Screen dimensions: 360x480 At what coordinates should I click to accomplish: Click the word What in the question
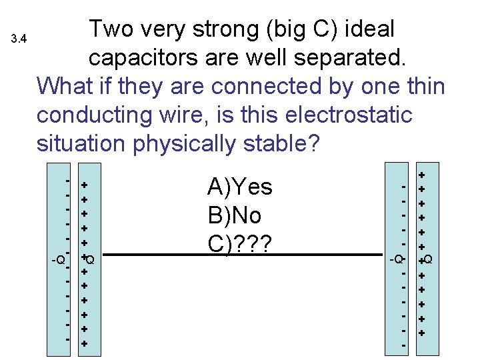coord(64,87)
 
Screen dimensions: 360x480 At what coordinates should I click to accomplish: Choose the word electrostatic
coord(346,115)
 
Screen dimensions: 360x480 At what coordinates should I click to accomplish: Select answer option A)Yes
coord(240,187)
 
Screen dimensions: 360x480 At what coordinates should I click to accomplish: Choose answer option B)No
coord(235,215)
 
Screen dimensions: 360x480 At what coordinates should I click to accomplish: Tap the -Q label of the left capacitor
coord(58,259)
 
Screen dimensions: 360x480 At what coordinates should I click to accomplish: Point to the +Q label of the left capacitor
coord(89,259)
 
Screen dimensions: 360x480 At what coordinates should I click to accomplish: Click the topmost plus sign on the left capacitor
coord(85,185)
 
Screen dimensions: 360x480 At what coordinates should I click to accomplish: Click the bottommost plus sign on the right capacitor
coord(421,332)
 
